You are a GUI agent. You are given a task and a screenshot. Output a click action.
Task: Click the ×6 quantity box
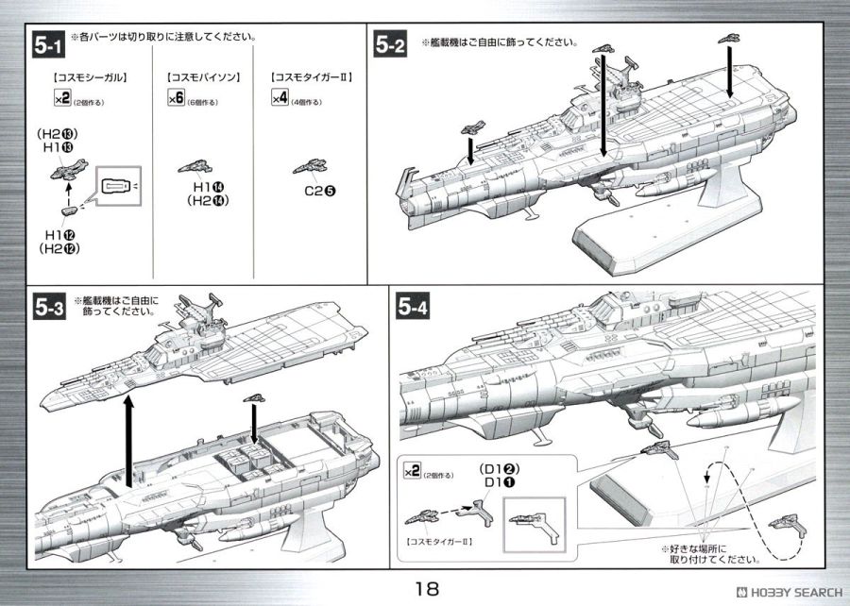coord(174,98)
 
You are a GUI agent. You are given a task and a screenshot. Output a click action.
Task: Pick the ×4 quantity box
coord(279,98)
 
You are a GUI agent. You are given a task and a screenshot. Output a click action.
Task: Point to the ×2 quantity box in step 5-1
coord(62,98)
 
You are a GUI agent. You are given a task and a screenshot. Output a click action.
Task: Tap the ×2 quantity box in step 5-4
coord(411,470)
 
